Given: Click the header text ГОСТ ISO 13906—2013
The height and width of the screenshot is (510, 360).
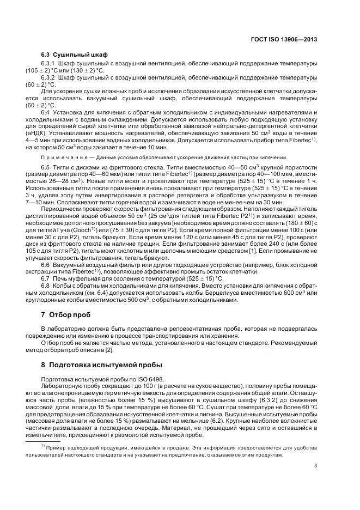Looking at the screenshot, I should tap(289, 39).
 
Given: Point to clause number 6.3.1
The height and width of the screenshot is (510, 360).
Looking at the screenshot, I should tap(50, 64).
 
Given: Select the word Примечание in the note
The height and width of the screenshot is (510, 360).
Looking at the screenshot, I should tap(62, 157).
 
